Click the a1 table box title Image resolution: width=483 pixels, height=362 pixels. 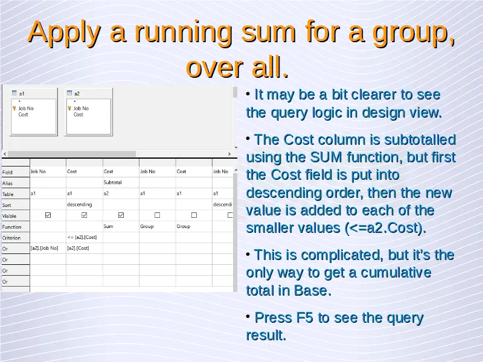pos(22,94)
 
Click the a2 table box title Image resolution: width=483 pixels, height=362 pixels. pos(77,94)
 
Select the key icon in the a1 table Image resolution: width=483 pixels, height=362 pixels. pos(14,109)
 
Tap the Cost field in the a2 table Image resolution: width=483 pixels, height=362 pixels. pos(78,115)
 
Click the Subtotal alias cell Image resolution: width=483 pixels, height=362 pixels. pos(112,182)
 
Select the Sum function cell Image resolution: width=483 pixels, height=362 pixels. pos(108,226)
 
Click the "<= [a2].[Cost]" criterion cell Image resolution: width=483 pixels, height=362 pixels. pos(82,237)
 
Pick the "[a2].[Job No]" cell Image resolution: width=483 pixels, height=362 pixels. pos(44,248)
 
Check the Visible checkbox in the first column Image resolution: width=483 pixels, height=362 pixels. pos(48,215)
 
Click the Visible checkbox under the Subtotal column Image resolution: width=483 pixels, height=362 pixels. pos(121,215)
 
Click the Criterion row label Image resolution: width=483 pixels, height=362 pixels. pos(11,238)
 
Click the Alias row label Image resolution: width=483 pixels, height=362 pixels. pos(7,183)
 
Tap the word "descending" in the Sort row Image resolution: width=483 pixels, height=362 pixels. pos(80,205)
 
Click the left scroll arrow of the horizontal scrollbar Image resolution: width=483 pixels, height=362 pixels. pos(5,154)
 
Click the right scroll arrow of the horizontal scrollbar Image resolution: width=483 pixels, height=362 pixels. pos(229,154)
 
